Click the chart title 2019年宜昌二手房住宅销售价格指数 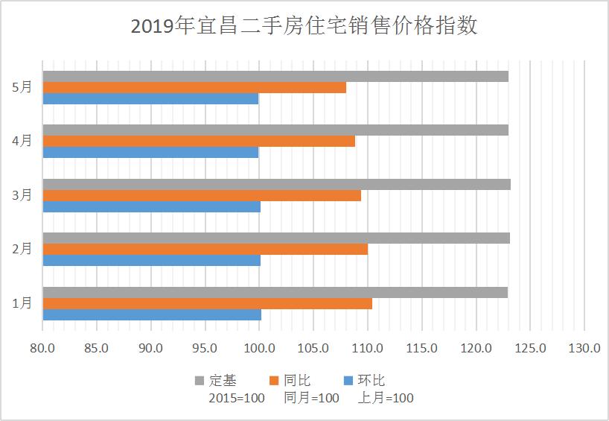[304, 27]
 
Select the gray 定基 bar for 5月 [275, 76]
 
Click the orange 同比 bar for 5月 [194, 87]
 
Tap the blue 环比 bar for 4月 [150, 152]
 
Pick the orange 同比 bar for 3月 [202, 195]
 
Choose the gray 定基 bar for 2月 [276, 238]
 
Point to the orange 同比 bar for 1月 [207, 303]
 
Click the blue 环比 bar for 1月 [152, 314]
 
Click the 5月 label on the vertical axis [22, 87]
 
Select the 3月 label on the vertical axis [22, 195]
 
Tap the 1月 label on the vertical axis [22, 303]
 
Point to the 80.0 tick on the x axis [43, 348]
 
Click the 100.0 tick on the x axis [260, 348]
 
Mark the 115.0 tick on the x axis [422, 348]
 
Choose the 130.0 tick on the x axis [584, 348]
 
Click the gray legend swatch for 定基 [199, 381]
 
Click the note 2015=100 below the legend [236, 398]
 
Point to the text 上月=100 [386, 398]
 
